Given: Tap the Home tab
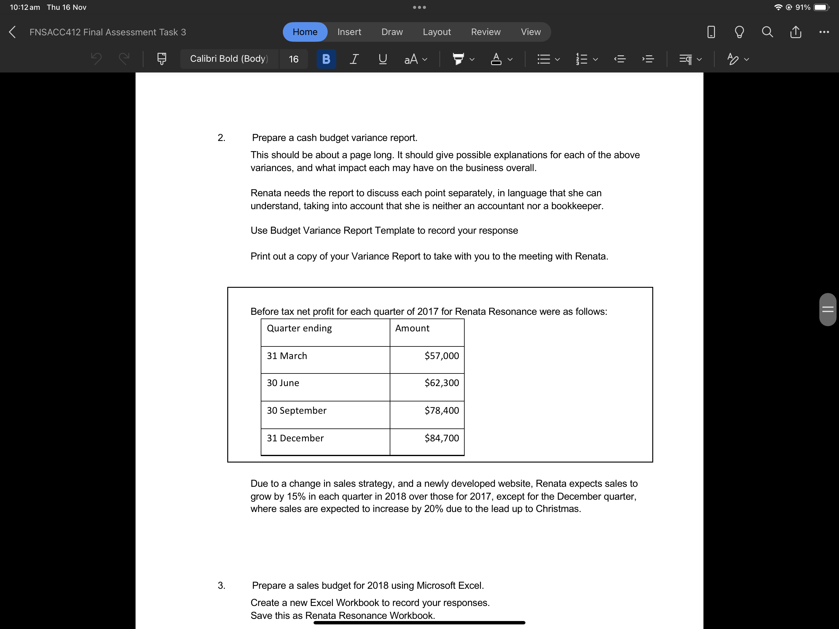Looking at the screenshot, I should click(305, 32).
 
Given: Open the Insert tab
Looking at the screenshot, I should click(349, 32).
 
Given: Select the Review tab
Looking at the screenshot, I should click(486, 32).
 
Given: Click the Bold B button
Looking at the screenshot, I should click(326, 59).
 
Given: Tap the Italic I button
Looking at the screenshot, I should click(353, 59).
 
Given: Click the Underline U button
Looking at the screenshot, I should click(383, 59).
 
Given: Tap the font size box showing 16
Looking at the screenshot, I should click(293, 59).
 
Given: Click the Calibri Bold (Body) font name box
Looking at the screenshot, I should click(229, 59).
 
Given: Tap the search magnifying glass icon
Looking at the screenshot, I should click(767, 32).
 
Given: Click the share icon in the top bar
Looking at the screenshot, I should click(795, 32).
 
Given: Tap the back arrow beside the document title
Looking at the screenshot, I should click(12, 32).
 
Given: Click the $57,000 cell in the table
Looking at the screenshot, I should click(442, 356).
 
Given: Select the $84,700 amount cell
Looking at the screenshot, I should click(442, 438).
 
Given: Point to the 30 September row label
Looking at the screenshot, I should click(296, 411).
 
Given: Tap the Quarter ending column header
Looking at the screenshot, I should click(299, 328).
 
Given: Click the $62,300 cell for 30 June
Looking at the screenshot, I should click(442, 383).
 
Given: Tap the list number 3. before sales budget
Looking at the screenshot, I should click(221, 585).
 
